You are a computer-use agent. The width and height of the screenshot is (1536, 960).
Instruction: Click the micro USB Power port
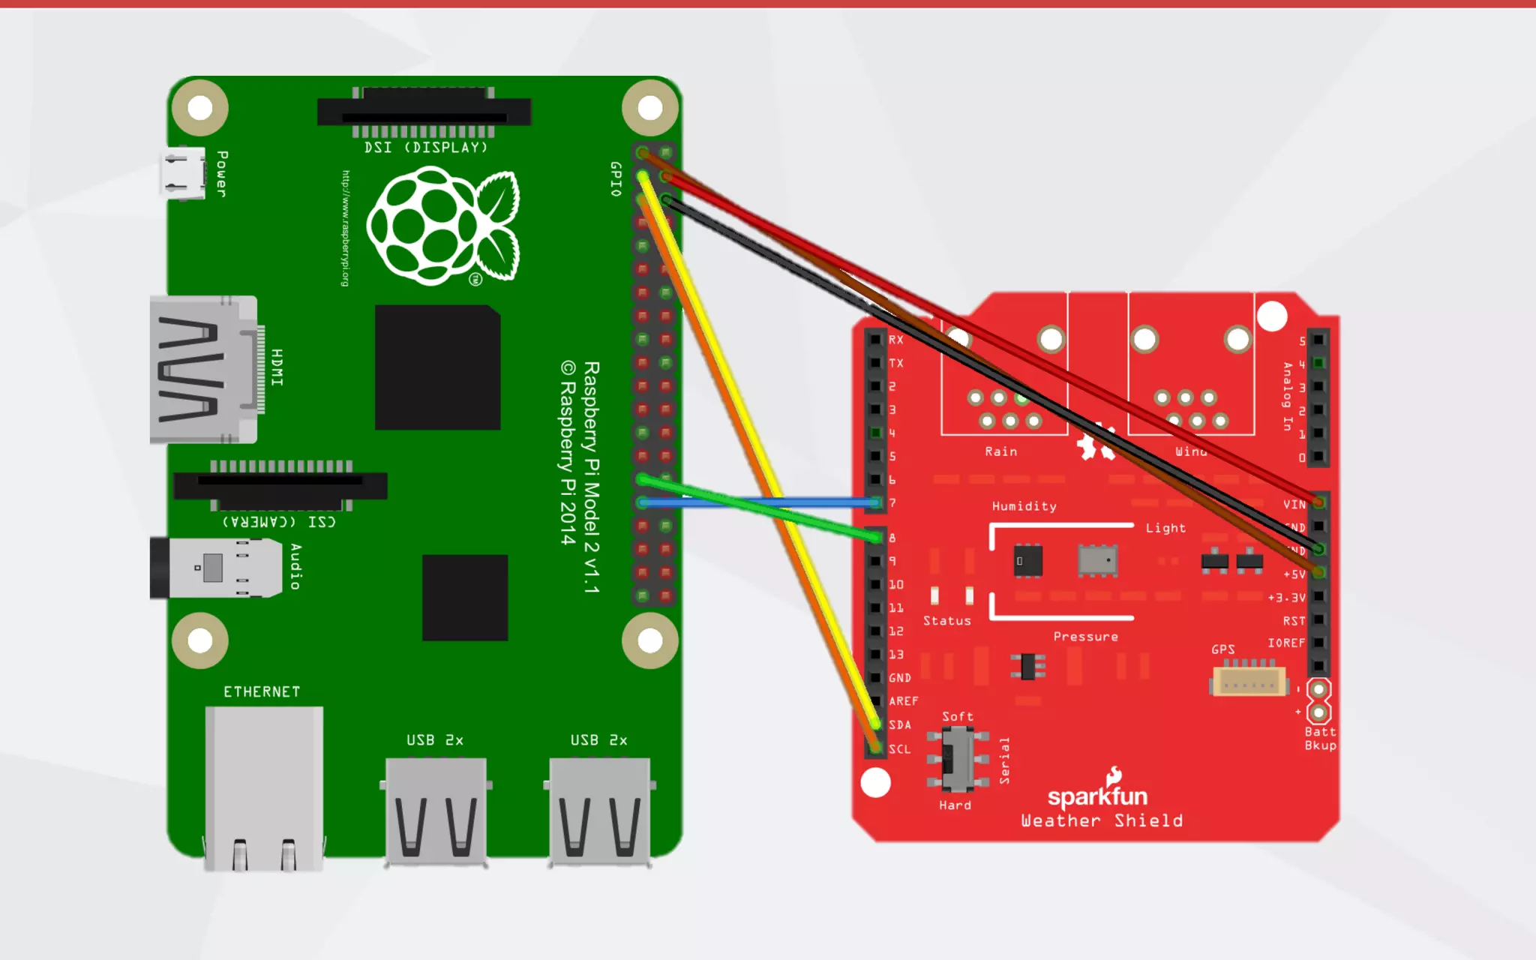182,173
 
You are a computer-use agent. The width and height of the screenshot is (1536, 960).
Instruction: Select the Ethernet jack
264,787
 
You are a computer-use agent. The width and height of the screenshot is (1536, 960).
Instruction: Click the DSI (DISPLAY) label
426,148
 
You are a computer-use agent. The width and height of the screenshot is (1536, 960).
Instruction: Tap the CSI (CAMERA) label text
279,521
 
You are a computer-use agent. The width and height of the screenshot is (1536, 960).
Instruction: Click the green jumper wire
757,507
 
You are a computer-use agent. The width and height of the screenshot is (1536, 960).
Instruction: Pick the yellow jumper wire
757,450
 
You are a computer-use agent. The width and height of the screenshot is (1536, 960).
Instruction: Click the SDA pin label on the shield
900,725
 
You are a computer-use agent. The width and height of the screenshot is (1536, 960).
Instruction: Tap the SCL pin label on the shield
900,749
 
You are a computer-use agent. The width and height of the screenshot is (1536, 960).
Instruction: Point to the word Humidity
1024,506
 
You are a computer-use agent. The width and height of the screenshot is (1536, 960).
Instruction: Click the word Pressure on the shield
1085,637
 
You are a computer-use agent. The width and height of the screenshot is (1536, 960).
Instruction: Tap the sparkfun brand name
1097,796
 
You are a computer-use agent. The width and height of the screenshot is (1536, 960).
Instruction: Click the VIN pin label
1294,505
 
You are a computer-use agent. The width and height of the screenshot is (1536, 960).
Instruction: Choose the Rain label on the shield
1000,451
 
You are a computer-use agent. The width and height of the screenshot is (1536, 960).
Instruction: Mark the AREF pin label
903,701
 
